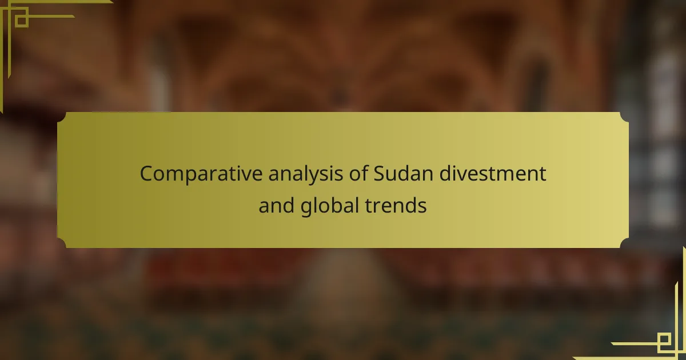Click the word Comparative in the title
tap(201, 174)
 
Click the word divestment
tap(493, 173)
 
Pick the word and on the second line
tap(277, 205)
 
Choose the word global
tap(329, 206)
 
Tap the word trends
tap(396, 205)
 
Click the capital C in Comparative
tap(147, 174)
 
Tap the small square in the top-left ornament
tap(22, 21)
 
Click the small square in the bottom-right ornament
tap(664, 339)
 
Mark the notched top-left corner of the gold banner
tap(61, 117)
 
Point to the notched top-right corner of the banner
tap(625, 117)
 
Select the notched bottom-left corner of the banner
tap(61, 243)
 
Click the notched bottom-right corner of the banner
tap(625, 243)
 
